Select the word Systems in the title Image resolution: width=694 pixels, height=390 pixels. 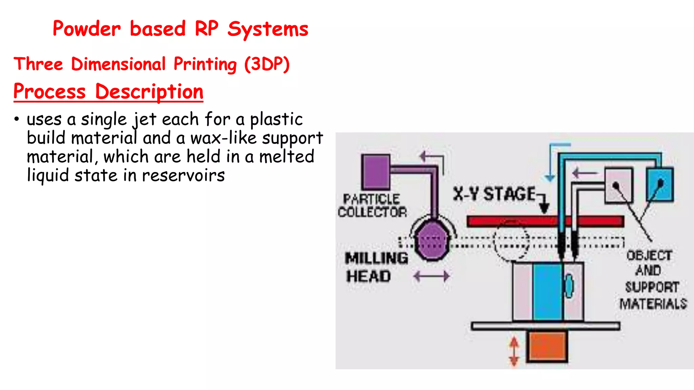click(x=268, y=29)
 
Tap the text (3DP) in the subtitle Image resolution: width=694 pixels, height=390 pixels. click(x=267, y=64)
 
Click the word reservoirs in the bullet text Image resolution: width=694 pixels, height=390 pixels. click(x=183, y=175)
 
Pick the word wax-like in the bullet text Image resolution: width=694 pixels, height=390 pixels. click(x=223, y=138)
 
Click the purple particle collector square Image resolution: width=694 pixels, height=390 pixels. click(x=375, y=172)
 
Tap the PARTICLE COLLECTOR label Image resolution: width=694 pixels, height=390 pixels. click(x=372, y=205)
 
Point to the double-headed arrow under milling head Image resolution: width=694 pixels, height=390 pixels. click(x=431, y=276)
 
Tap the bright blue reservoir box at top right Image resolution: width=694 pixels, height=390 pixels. click(x=660, y=185)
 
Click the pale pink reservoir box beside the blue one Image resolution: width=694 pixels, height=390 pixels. click(x=619, y=185)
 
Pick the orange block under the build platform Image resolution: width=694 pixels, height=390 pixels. click(x=547, y=346)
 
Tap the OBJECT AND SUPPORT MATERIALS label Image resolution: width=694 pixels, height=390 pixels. click(x=652, y=279)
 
